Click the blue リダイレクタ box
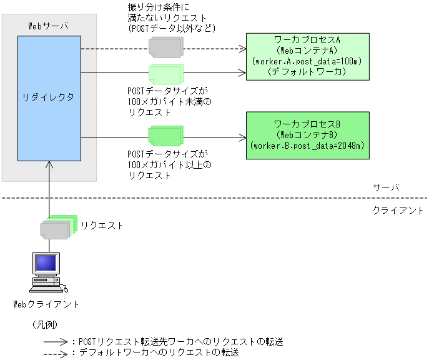point(49,97)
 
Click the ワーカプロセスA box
point(307,57)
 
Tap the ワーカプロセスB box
point(307,134)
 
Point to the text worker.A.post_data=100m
point(307,61)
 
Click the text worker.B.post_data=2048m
point(307,145)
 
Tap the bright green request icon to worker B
point(165,135)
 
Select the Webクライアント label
point(47,304)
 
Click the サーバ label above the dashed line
point(386,187)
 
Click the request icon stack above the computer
point(57,227)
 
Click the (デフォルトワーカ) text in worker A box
point(307,72)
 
